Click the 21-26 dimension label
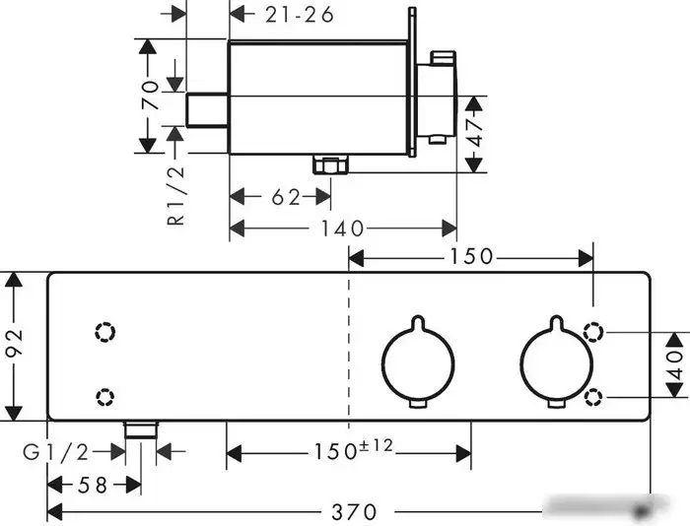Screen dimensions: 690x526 pos(300,16)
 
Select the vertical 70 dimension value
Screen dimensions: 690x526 pos(151,95)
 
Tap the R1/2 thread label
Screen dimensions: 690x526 pos(176,196)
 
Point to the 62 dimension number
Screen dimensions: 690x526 pos(286,197)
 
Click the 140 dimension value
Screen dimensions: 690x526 pos(342,229)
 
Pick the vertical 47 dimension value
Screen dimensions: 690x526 pos(475,133)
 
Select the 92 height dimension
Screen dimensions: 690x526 pos(15,342)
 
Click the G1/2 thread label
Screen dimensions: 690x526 pos(56,452)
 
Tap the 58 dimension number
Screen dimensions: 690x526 pos(93,485)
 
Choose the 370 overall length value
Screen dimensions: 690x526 pos(354,512)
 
